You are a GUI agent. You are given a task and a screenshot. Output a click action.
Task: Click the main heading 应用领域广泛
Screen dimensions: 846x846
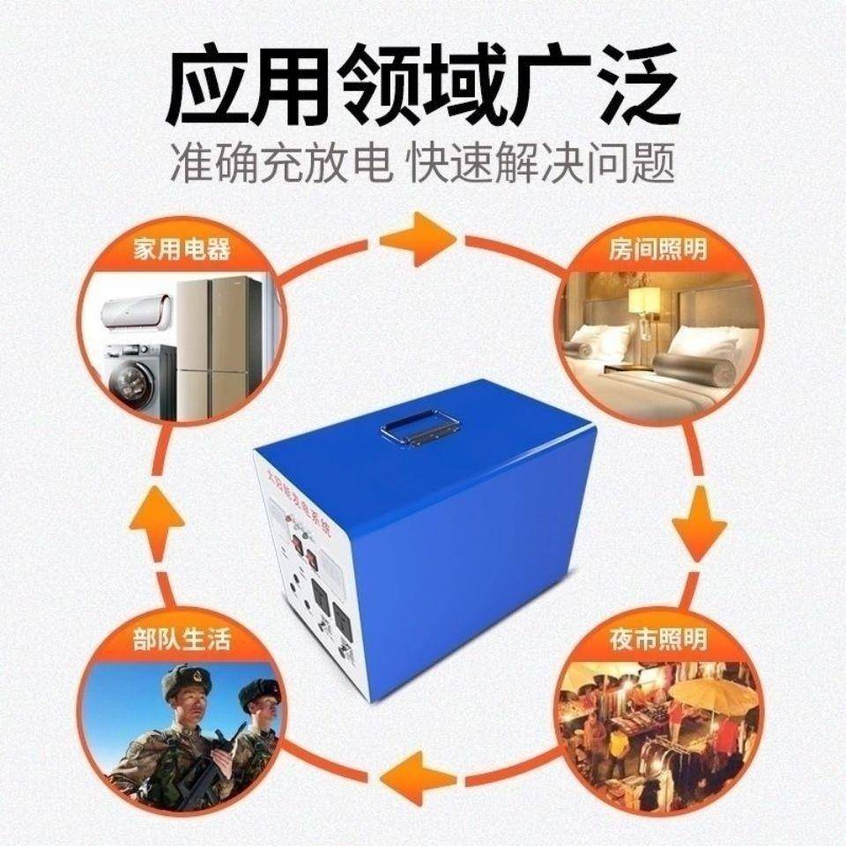pos(423,85)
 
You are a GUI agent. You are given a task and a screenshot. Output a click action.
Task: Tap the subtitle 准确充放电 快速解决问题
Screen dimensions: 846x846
pos(423,164)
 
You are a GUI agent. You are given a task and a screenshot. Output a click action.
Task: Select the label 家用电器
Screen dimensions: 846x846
pos(182,249)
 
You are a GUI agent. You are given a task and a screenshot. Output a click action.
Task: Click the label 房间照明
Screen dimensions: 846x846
pos(657,249)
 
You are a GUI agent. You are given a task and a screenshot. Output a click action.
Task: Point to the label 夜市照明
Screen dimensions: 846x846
pos(657,639)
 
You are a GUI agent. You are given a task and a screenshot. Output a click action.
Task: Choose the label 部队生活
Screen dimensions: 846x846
pos(182,639)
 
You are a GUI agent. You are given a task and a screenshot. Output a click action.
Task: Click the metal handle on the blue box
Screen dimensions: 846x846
pos(421,429)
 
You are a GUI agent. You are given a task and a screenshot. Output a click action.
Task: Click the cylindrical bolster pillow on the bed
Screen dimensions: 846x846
pos(692,367)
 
